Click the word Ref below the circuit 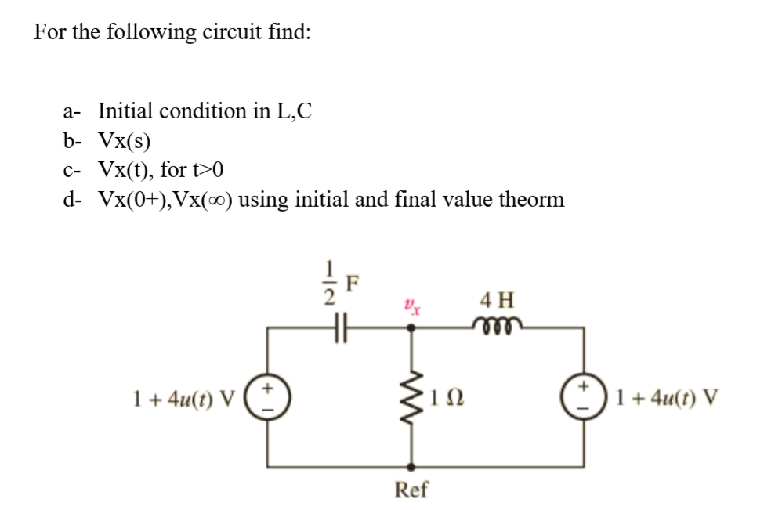click(412, 490)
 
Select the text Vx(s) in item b click(125, 140)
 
